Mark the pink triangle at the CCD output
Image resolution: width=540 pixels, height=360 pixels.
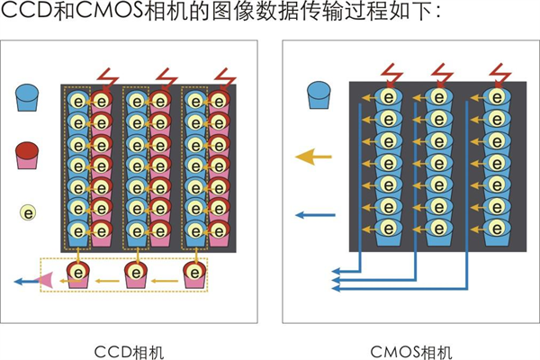43,281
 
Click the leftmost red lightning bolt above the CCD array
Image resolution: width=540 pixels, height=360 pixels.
108,76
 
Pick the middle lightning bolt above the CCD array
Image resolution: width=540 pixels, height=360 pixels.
166,76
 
